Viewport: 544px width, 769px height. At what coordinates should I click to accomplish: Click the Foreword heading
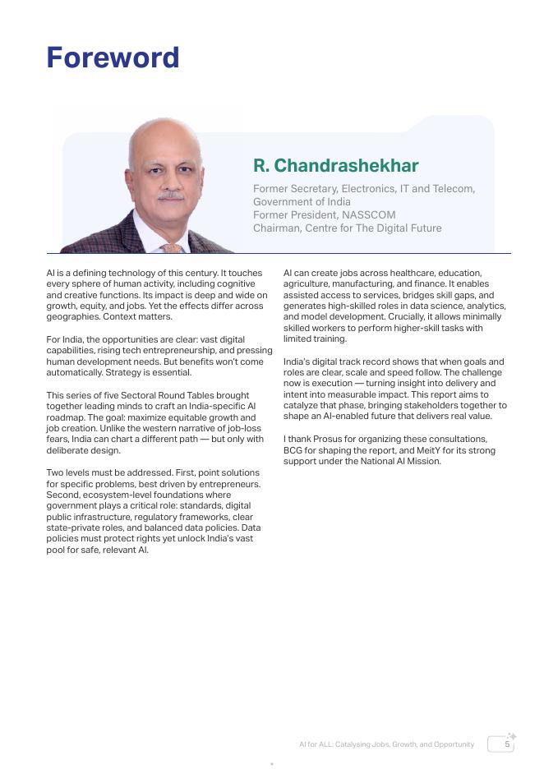[x=113, y=58]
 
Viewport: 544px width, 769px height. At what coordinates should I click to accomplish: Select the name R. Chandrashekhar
[x=335, y=165]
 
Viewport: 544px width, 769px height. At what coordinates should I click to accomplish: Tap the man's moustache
[x=170, y=196]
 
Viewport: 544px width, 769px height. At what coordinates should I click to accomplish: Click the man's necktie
[x=171, y=247]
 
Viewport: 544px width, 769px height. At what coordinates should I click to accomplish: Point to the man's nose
[x=168, y=182]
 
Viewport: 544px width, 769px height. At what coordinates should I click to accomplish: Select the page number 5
[x=507, y=744]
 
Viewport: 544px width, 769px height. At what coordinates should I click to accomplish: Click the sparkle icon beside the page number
[x=512, y=736]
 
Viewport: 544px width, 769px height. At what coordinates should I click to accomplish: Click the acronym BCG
[x=293, y=450]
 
